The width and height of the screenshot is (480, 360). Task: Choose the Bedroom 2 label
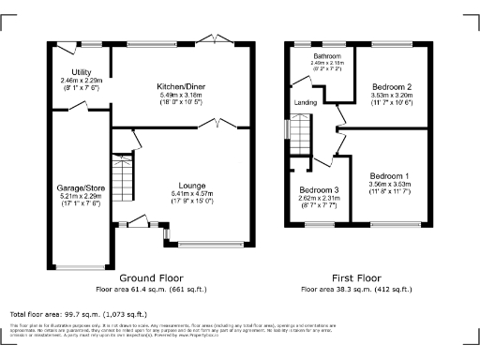coord(390,84)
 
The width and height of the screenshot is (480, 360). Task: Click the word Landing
coord(305,102)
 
